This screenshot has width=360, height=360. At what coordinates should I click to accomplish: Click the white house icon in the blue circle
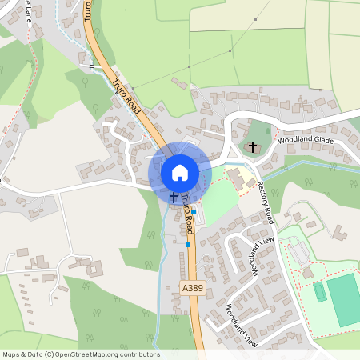(x=180, y=172)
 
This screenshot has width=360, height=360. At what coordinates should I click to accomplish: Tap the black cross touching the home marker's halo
(x=174, y=196)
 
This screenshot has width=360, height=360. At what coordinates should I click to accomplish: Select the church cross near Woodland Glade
(x=254, y=147)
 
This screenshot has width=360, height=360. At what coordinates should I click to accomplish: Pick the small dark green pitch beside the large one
(x=320, y=292)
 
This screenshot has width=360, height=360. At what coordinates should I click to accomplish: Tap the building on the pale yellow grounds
(x=237, y=177)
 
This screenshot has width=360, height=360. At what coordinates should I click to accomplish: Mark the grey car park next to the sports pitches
(x=298, y=254)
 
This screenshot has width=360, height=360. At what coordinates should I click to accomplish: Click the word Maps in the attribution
(x=12, y=354)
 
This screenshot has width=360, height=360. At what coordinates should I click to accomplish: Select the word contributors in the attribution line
(x=135, y=354)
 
